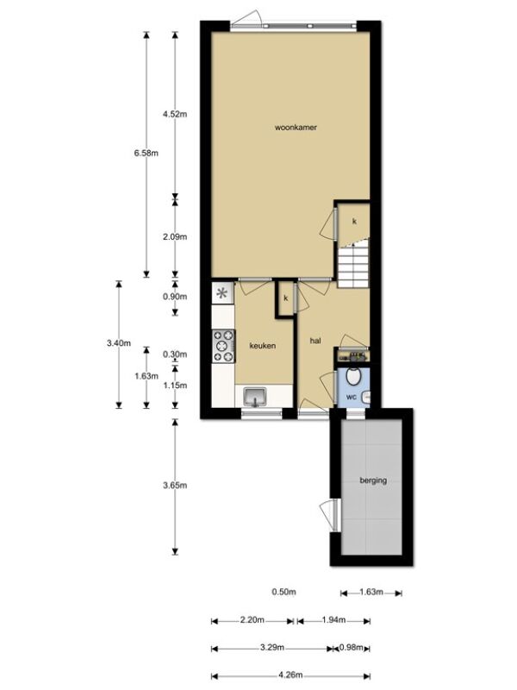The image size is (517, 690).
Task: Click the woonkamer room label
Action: [296, 128]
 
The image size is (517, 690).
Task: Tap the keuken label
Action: [263, 346]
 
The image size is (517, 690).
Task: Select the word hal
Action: [315, 341]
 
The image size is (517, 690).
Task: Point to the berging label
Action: [373, 480]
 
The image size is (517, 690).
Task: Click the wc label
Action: [351, 397]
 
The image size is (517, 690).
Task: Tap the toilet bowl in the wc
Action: [353, 375]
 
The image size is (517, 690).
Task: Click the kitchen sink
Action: [255, 397]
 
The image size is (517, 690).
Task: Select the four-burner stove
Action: [223, 347]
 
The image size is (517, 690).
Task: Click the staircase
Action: [353, 264]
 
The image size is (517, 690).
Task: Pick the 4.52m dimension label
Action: [175, 115]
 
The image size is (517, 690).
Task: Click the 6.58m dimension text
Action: [146, 154]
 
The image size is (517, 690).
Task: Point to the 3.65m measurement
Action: [175, 486]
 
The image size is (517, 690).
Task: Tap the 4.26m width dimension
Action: [290, 674]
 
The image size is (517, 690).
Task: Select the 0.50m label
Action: [283, 592]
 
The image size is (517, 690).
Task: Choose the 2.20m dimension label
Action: [252, 620]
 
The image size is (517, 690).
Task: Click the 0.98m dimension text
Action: [352, 648]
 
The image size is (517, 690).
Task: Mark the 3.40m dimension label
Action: [119, 343]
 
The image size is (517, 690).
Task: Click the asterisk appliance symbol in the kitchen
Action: [222, 293]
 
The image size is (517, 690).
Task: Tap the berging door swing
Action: [329, 515]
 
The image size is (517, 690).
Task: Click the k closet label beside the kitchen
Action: [286, 298]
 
